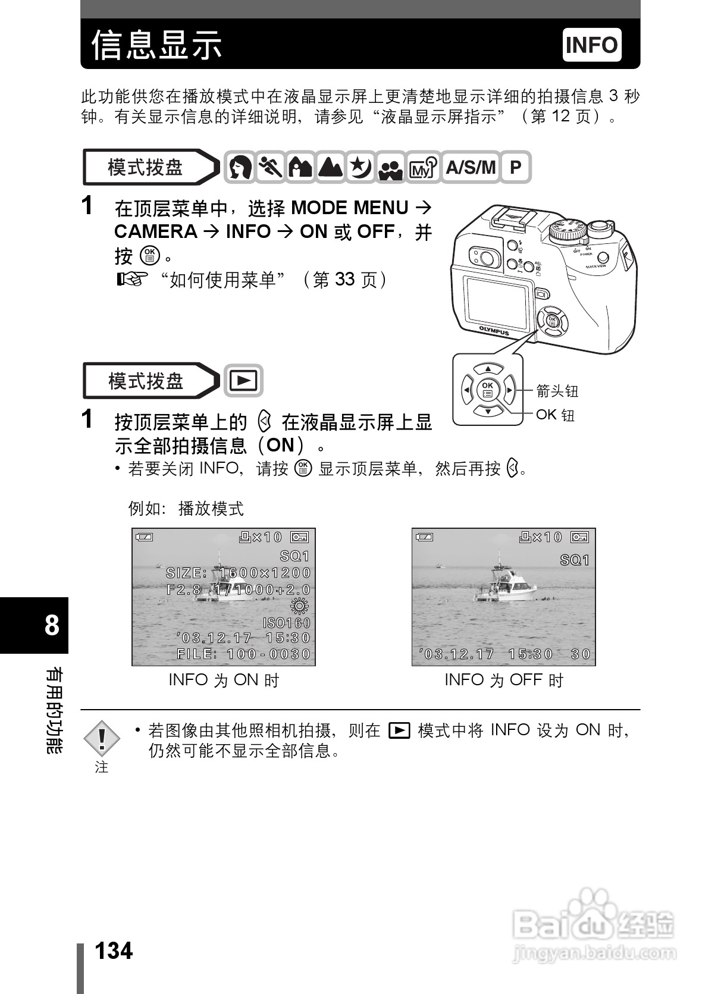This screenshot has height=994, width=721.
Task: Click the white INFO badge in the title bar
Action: pyautogui.click(x=591, y=45)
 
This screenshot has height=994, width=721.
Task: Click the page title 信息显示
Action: pyautogui.click(x=156, y=45)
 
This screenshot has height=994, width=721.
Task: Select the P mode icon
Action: pyautogui.click(x=515, y=167)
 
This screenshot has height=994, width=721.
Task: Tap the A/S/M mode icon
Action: pyautogui.click(x=470, y=167)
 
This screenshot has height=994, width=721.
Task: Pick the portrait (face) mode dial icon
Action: pyautogui.click(x=240, y=167)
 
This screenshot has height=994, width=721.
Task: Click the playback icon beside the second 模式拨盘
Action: pyautogui.click(x=243, y=381)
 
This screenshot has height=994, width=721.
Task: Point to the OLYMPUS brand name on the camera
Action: pyautogui.click(x=494, y=330)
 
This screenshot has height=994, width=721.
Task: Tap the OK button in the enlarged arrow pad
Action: pyautogui.click(x=487, y=390)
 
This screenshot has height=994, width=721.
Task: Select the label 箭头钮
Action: pyautogui.click(x=557, y=391)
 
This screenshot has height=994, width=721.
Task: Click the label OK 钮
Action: pyautogui.click(x=555, y=415)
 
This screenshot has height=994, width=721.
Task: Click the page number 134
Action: pyautogui.click(x=114, y=951)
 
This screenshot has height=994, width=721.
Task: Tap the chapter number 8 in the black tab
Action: pyautogui.click(x=52, y=625)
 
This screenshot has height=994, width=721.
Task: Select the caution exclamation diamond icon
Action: pyautogui.click(x=102, y=739)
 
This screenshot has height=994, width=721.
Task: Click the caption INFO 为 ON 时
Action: pyautogui.click(x=224, y=680)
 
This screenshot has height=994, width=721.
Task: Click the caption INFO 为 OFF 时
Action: pyautogui.click(x=503, y=680)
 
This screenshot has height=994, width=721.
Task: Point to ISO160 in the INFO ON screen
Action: pyautogui.click(x=287, y=623)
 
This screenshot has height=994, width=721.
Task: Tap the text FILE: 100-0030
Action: pyautogui.click(x=244, y=654)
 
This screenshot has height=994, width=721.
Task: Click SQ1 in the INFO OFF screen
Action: pyautogui.click(x=575, y=560)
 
